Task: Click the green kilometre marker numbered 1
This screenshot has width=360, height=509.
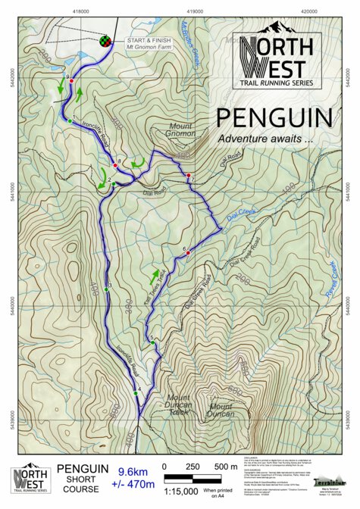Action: [x=70, y=120]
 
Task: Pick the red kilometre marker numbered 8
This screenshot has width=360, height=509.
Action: [x=115, y=164]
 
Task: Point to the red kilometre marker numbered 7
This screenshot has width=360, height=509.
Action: [x=189, y=176]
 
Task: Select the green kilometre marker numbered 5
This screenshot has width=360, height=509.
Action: [x=153, y=343]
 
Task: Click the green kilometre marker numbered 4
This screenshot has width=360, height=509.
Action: [x=136, y=393]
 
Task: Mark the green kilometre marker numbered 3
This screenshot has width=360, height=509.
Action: [x=106, y=289]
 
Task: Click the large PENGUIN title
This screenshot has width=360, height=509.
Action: [x=273, y=117]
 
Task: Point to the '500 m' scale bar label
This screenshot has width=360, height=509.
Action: [x=224, y=467]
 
